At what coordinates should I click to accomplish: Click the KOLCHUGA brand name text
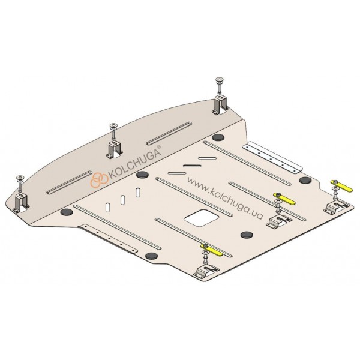(x=134, y=164)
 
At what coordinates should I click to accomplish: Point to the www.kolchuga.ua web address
(x=225, y=198)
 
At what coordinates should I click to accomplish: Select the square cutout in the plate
(x=202, y=218)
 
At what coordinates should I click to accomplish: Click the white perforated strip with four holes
(x=272, y=157)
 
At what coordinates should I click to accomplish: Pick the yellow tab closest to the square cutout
(x=211, y=250)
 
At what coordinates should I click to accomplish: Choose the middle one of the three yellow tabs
(x=284, y=199)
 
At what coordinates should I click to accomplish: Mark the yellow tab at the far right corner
(x=341, y=186)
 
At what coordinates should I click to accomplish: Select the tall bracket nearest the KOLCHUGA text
(x=115, y=149)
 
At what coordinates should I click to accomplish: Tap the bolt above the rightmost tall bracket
(x=220, y=85)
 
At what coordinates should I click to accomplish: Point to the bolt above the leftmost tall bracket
(x=20, y=183)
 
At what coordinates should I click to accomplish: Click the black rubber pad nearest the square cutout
(x=247, y=235)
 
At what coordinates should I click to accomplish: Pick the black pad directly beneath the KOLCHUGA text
(x=142, y=175)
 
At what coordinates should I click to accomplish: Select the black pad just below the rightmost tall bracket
(x=218, y=137)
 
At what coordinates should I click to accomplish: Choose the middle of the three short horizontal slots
(x=192, y=166)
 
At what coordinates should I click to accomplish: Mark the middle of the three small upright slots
(x=123, y=200)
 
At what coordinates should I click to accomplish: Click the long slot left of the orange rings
(x=70, y=182)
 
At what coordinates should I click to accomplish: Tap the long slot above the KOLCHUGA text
(x=169, y=133)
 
